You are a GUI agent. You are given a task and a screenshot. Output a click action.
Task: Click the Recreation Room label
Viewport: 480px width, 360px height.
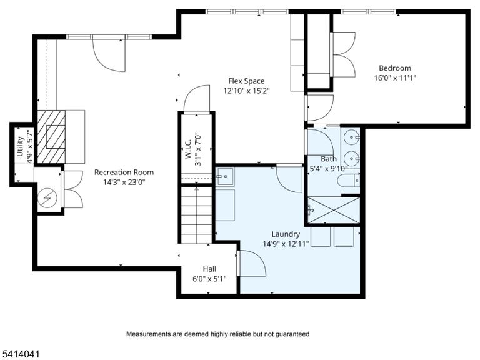[124, 172]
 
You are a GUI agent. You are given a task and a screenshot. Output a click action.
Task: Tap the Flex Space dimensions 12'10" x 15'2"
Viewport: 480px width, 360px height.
[246, 91]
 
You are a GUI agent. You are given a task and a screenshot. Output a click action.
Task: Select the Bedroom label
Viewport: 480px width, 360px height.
[395, 68]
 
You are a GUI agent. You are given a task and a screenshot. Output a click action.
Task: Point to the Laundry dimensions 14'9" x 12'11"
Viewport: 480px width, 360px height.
[286, 244]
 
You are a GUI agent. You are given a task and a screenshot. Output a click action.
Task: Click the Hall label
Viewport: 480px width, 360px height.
[209, 269]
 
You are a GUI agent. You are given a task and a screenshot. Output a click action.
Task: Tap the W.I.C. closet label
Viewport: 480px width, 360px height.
[188, 149]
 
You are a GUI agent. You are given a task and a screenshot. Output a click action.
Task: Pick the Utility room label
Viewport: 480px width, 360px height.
[20, 146]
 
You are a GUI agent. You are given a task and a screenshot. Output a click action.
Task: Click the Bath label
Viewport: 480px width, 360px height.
[329, 159]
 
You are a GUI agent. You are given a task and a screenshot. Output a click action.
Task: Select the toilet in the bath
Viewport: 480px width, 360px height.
[348, 181]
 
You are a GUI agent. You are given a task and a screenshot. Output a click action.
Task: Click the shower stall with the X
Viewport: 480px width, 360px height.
[334, 210]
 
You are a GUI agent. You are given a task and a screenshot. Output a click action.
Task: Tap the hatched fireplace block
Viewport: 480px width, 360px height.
[51, 137]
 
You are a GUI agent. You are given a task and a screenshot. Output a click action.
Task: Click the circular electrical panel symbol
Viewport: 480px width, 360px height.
[47, 199]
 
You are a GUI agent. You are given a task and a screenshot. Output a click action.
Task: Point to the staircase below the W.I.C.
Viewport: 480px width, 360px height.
[196, 215]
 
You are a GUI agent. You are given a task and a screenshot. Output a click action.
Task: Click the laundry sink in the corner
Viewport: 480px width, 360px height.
[225, 177]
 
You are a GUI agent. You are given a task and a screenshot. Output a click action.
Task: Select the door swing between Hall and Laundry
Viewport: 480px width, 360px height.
[251, 263]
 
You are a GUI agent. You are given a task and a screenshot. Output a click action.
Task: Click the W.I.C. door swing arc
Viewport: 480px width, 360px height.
[196, 99]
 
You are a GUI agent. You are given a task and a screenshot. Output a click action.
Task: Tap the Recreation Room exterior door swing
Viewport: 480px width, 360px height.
[109, 55]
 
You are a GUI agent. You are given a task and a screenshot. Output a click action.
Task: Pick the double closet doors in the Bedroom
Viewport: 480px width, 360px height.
[343, 55]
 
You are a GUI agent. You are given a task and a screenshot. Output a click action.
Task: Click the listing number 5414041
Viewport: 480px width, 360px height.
[20, 354]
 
